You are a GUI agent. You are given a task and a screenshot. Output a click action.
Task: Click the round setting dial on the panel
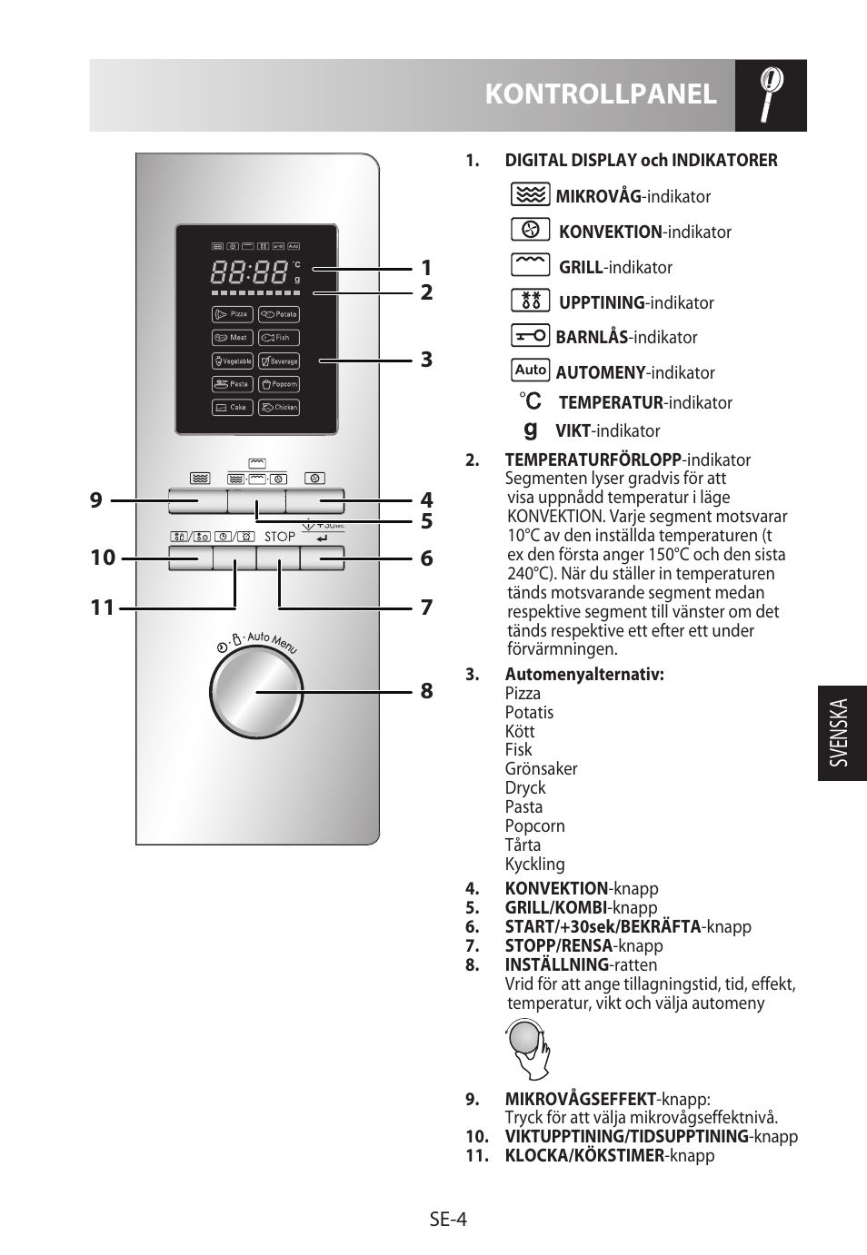(255, 693)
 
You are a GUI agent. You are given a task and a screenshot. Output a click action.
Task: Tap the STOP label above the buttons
(280, 537)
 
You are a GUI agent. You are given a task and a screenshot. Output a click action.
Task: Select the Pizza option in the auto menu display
(233, 314)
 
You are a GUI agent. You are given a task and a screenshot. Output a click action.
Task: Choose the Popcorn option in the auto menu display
(279, 384)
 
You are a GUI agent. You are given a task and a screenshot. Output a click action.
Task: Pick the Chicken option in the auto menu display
(279, 408)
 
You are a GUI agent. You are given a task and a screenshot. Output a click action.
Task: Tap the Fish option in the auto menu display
(279, 338)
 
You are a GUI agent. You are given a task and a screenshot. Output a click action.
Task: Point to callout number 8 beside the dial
(426, 691)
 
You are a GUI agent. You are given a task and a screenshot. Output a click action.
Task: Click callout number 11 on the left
(103, 607)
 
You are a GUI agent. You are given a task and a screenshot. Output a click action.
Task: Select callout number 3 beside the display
(426, 360)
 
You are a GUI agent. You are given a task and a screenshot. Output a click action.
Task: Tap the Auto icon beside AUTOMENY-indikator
(530, 371)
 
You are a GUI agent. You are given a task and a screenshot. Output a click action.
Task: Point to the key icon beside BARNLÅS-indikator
(530, 336)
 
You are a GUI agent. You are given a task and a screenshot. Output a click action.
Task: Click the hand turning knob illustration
(528, 1049)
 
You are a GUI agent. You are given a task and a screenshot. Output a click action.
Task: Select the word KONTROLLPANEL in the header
(601, 94)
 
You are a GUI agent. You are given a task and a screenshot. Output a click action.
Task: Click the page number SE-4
(448, 1220)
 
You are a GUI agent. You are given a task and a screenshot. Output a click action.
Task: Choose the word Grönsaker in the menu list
(541, 769)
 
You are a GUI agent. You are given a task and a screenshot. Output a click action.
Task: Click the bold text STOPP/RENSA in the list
(558, 945)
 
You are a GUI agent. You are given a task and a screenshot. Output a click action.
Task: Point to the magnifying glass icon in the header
(771, 95)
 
